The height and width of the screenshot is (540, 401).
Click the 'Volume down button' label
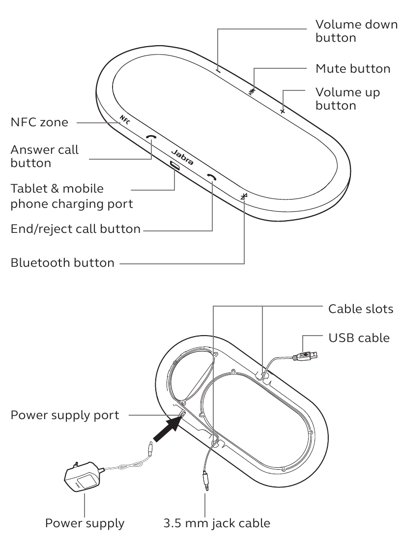356,30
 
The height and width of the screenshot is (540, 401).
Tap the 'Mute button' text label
353,68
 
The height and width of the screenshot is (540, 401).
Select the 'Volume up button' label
347,98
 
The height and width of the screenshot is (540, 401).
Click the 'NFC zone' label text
39,122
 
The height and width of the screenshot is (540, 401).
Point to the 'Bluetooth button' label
62,263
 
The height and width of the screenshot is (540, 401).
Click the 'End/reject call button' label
76,229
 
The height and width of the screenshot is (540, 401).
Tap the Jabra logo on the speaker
182,156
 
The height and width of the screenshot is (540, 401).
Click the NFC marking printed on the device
125,120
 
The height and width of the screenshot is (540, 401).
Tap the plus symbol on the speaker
283,112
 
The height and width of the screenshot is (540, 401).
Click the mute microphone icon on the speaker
253,90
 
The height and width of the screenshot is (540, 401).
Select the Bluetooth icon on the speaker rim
244,197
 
